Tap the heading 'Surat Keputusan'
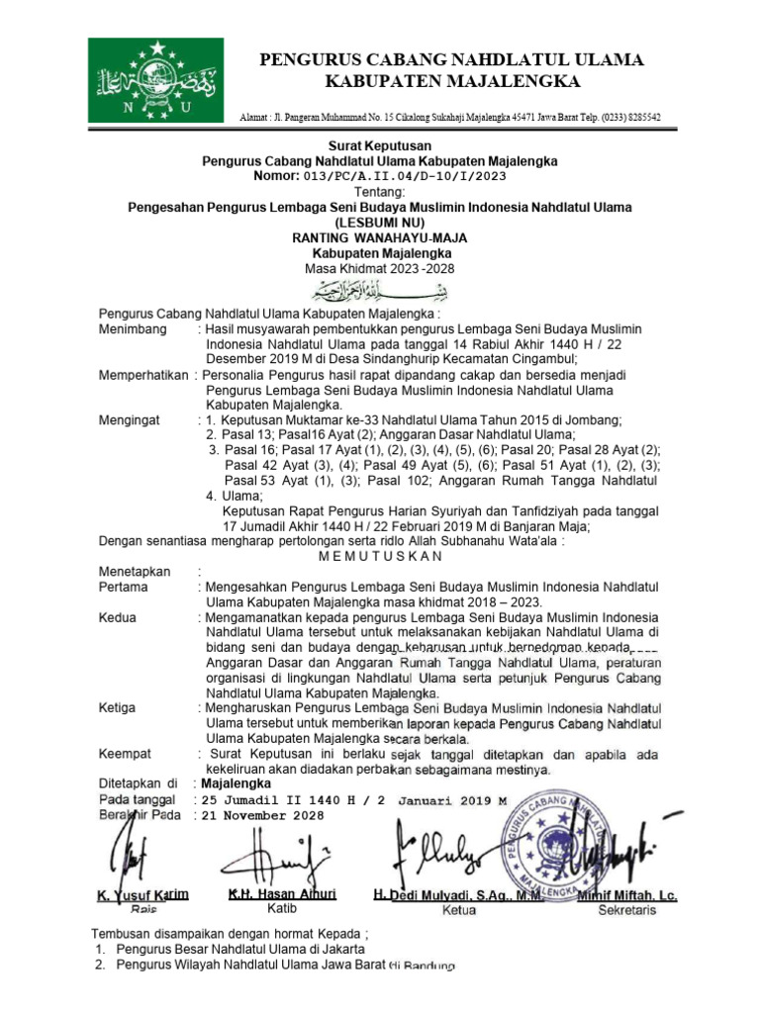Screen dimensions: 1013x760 point(380,145)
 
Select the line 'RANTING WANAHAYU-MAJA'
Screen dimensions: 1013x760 point(380,237)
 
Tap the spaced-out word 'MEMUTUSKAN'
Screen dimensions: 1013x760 point(380,556)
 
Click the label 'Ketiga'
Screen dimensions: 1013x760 point(118,708)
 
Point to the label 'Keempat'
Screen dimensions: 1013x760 point(123,754)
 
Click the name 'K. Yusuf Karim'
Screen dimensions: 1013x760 point(142,895)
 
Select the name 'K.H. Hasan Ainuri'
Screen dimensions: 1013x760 point(282,893)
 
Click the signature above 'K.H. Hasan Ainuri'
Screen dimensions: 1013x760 point(282,853)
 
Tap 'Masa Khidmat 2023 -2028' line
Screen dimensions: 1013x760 point(380,268)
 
